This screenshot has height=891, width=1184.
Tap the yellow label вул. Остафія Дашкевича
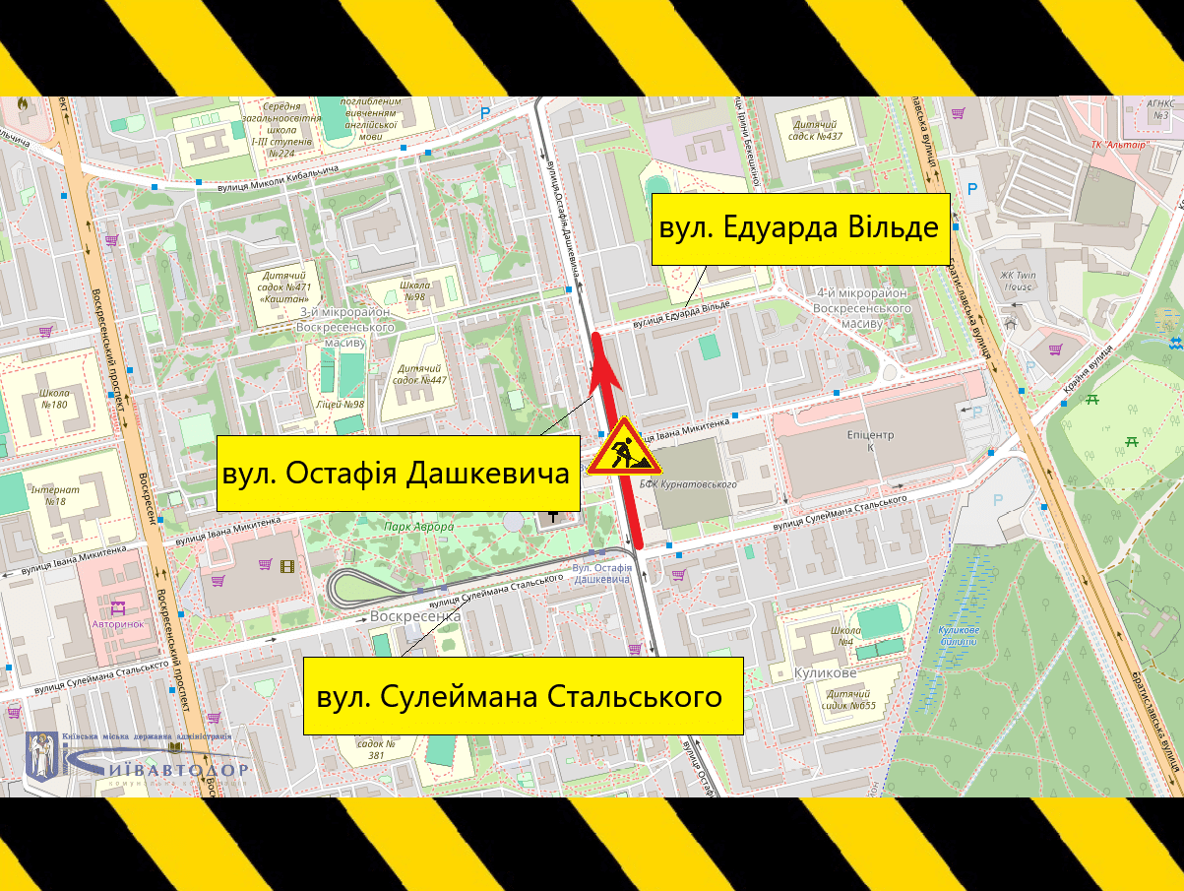pyautogui.click(x=397, y=474)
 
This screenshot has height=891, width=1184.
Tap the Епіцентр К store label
pyautogui.click(x=869, y=440)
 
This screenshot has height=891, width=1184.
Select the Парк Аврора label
pyautogui.click(x=419, y=527)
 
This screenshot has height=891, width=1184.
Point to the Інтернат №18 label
pyautogui.click(x=47, y=495)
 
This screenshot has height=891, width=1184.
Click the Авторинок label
pyautogui.click(x=117, y=624)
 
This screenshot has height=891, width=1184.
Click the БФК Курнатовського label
pyautogui.click(x=689, y=484)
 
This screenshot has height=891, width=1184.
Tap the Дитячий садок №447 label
pyautogui.click(x=420, y=373)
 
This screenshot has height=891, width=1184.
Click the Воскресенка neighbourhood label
pyautogui.click(x=415, y=616)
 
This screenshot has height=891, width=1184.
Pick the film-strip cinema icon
pyautogui.click(x=286, y=565)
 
